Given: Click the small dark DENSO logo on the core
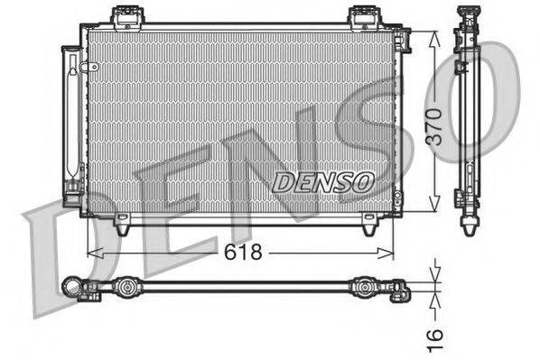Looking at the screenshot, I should (324, 180).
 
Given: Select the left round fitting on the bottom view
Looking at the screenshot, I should (126, 289).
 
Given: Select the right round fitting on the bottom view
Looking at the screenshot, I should (365, 289).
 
